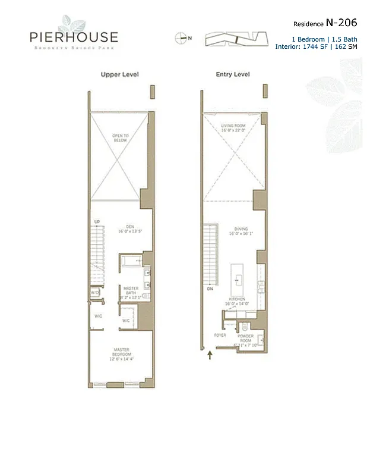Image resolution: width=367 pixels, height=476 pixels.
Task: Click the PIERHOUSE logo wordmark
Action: coord(74,37)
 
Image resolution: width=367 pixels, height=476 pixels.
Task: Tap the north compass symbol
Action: coord(181,37)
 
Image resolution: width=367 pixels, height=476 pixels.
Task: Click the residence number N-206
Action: coord(341,23)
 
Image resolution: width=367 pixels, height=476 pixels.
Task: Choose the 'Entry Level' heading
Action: coord(233,74)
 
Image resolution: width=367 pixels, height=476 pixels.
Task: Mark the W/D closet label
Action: coord(94,293)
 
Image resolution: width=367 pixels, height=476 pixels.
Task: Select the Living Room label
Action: coord(233,128)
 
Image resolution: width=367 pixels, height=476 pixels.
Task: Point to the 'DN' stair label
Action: coord(210,289)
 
